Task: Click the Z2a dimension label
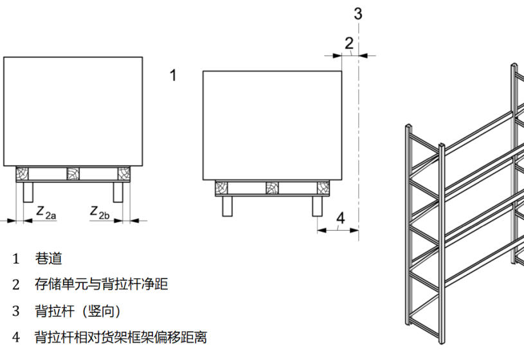coord(46,212)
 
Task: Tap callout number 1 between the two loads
coord(172,75)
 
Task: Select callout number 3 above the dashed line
coord(359,13)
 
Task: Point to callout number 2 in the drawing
coord(348,43)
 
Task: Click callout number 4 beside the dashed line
coord(341,218)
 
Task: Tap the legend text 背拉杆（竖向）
coord(77,311)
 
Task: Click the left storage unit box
coord(73,111)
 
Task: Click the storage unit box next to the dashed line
coord(272,125)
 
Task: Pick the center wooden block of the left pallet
coord(73,174)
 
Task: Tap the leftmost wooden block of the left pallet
coord(23,174)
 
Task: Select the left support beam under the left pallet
coord(28,192)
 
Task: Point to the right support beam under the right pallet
coord(317,206)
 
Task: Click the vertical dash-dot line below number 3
coord(359,141)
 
